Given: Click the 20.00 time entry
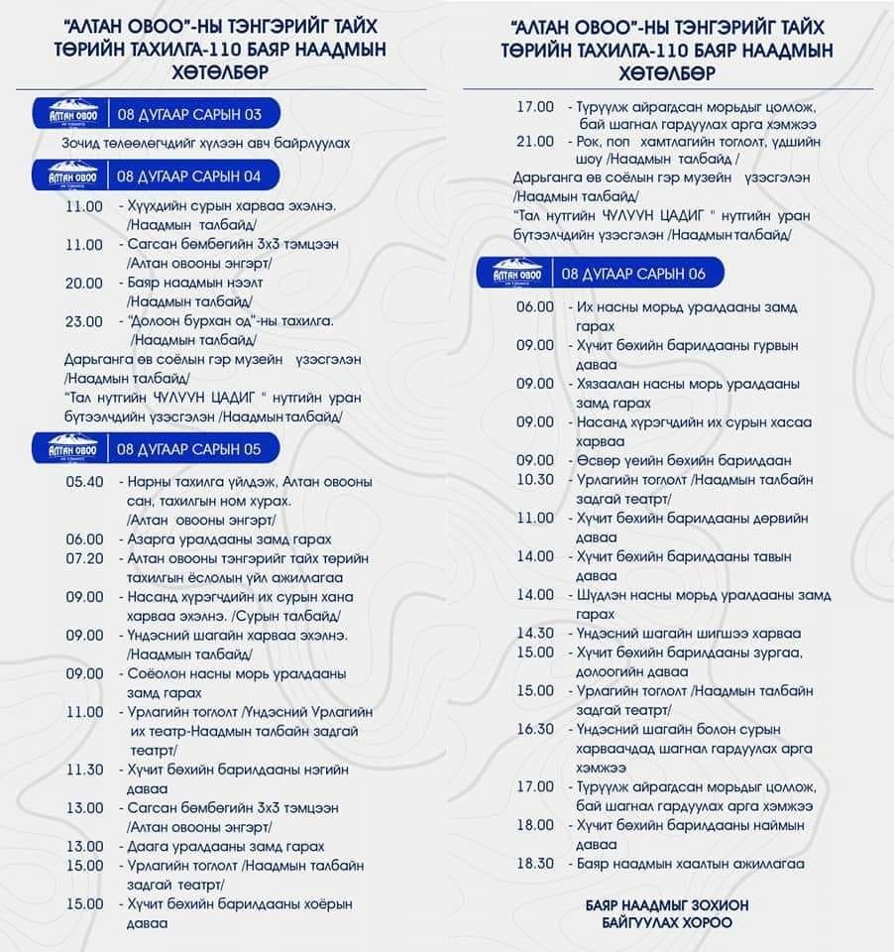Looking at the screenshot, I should point(84,283).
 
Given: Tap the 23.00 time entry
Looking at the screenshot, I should point(84,321).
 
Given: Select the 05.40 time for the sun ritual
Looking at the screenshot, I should point(84,482).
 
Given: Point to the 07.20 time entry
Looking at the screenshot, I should point(84,558).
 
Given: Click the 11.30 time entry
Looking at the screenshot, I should point(84,769).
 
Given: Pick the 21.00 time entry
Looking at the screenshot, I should point(535,141).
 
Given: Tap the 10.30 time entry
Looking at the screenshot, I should point(535,479).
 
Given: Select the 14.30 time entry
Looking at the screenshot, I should point(535,633).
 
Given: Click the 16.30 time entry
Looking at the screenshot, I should point(535,729).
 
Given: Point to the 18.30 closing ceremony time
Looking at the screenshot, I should point(535,863).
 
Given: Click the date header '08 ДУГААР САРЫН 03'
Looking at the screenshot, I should point(188,114).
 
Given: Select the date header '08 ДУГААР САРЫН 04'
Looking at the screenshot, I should point(188,177).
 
